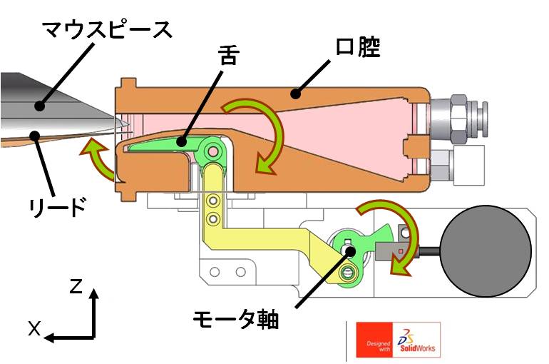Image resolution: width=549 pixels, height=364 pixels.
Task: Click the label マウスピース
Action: click(x=107, y=30)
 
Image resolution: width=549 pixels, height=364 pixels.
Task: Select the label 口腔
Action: click(x=357, y=47)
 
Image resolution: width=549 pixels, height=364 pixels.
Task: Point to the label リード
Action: click(x=58, y=207)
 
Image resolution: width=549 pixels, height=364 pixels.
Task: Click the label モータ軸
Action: click(x=235, y=319)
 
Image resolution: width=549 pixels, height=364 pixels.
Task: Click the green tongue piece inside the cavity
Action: click(x=168, y=143)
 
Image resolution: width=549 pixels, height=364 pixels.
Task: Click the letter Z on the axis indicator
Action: click(x=76, y=286)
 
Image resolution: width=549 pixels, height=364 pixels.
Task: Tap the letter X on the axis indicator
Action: click(x=35, y=328)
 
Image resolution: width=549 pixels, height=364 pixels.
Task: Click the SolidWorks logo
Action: click(x=417, y=340)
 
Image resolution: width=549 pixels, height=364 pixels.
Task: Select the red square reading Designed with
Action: click(x=374, y=340)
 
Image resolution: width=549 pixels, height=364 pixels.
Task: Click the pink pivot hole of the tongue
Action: click(x=212, y=152)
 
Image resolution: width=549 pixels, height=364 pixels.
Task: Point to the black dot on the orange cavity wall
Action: click(x=296, y=93)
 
